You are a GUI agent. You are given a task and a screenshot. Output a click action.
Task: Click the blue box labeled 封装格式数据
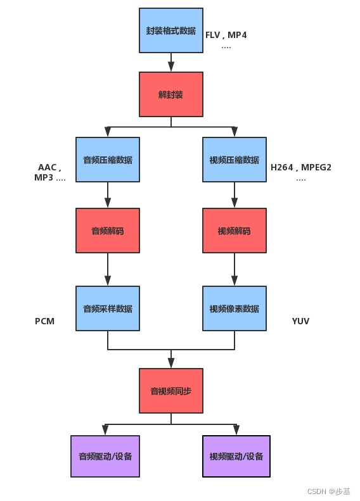[171, 30]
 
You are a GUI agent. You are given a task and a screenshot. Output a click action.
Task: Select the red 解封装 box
[171, 94]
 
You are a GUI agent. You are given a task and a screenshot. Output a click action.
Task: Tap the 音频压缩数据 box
[108, 160]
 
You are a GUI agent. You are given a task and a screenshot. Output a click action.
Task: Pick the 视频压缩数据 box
[235, 160]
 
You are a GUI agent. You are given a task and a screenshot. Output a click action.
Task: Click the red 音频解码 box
[108, 231]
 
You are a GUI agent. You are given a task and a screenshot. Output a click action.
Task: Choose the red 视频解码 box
[235, 231]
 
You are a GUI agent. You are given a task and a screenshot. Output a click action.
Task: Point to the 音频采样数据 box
[108, 308]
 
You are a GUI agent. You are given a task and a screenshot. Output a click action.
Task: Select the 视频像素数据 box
[235, 308]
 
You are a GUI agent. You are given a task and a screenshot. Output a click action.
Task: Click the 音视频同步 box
[171, 391]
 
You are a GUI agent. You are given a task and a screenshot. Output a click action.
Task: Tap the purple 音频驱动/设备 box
[105, 456]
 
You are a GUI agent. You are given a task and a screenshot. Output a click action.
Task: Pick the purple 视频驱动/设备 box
[236, 456]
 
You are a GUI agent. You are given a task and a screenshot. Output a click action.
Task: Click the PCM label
[44, 321]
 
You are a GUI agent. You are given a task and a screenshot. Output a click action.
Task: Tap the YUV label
[300, 321]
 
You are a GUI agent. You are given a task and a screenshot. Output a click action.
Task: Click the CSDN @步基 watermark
[328, 491]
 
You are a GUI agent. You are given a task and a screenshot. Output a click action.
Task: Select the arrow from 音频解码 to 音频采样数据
[108, 269]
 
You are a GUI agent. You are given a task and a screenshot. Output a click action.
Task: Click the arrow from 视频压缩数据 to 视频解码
[235, 195]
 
